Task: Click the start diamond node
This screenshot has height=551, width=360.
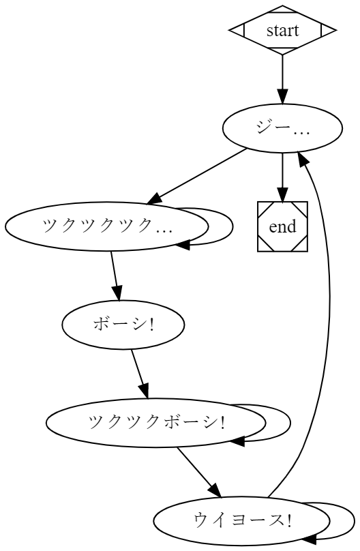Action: tap(282, 30)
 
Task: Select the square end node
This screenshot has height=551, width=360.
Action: tap(282, 226)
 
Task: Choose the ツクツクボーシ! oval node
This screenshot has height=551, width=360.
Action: tap(156, 423)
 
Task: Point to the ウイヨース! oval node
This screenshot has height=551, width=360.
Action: tap(243, 521)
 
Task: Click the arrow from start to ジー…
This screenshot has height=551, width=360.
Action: tap(282, 78)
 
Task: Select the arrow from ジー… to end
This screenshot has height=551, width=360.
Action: tap(282, 176)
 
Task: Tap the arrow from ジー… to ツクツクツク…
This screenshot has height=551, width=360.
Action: tap(198, 176)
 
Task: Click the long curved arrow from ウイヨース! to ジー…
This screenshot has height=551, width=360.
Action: tap(329, 307)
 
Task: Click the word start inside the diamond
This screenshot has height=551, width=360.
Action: tap(282, 30)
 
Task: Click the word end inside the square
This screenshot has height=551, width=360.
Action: tap(282, 226)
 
